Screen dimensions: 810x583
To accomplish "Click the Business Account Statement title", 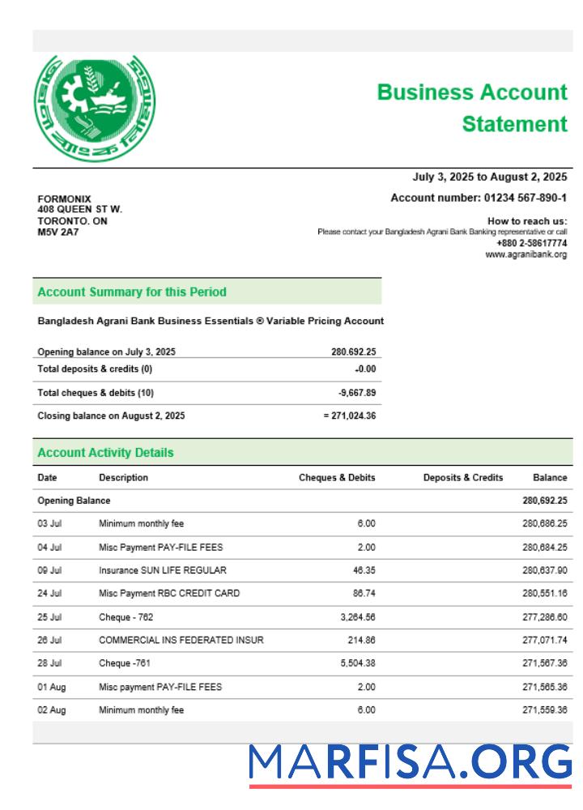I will [x=473, y=108].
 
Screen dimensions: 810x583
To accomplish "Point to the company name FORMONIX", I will [x=65, y=199].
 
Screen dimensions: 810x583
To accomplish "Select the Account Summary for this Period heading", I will [x=132, y=292].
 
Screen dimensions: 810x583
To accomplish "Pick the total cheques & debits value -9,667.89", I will [x=356, y=393].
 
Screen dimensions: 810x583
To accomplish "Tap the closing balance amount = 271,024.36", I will [x=349, y=416].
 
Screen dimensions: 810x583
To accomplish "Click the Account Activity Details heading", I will [x=105, y=453].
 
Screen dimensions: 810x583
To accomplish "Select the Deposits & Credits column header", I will [x=462, y=478].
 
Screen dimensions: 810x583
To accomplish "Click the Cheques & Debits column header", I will [x=337, y=478].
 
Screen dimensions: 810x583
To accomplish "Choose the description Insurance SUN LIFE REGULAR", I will [x=163, y=570].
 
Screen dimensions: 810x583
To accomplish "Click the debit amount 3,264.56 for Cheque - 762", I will [x=355, y=617].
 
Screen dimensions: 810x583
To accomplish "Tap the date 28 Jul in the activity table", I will [x=49, y=663].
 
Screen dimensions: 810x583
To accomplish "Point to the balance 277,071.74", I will [x=544, y=641].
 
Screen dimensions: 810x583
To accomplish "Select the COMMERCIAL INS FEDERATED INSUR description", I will [x=181, y=641].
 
